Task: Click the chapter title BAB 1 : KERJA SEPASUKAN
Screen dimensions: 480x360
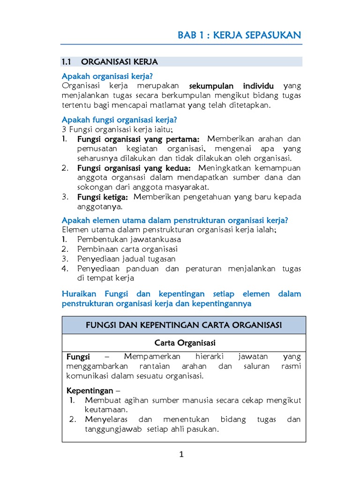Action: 239,36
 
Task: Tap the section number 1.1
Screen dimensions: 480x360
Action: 66,62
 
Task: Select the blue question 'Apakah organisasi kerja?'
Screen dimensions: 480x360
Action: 108,76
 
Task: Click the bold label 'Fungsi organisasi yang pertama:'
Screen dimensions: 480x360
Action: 138,140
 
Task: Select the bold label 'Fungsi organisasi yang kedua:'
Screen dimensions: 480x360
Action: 134,168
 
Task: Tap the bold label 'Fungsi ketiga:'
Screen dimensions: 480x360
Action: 103,197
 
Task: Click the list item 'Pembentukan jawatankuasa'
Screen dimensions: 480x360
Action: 129,239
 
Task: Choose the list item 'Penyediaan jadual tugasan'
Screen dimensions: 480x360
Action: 127,259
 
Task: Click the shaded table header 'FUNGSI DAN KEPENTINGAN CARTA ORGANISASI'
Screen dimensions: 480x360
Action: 183,325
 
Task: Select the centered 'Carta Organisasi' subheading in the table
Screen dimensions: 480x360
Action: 184,343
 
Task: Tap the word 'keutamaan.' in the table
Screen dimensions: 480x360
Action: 103,409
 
